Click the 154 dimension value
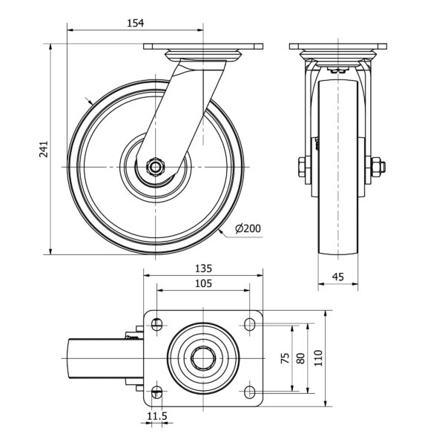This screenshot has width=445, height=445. click(x=135, y=23)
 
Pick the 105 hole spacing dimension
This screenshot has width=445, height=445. click(x=204, y=284)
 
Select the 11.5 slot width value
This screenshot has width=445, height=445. click(x=156, y=417)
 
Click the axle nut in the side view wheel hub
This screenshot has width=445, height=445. click(x=155, y=167)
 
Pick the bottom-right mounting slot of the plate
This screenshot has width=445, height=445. click(x=249, y=391)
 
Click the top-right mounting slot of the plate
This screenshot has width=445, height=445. click(x=249, y=323)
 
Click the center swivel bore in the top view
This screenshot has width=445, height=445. click(x=203, y=357)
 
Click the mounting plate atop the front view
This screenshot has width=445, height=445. click(x=337, y=48)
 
